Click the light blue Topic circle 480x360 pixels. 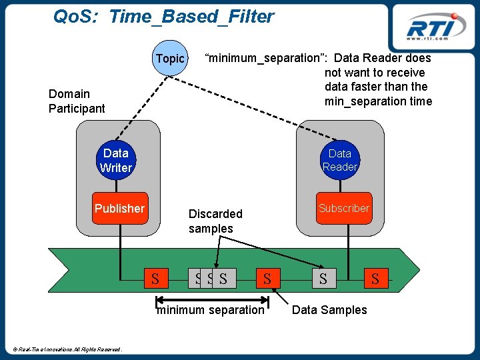tap(170, 58)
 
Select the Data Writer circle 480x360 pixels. tap(116, 160)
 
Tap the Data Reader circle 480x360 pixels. tap(340, 160)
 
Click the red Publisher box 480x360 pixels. tap(120, 208)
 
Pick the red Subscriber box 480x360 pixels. tap(344, 208)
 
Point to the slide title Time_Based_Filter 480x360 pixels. tap(191, 16)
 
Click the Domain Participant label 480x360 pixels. tap(77, 101)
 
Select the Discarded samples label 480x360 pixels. tap(215, 221)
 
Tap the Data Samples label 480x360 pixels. tap(329, 310)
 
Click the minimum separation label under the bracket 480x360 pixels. tap(211, 310)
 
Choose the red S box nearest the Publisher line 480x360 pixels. tap(156, 278)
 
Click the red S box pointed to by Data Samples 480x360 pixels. tap(268, 278)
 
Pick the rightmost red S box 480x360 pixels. tap(376, 278)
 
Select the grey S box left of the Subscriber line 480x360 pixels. tap(324, 278)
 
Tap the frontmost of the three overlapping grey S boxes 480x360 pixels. tap(225, 278)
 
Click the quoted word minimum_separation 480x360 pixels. tap(264, 58)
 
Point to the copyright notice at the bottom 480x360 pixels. tap(67, 349)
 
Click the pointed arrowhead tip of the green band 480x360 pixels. tap(420, 270)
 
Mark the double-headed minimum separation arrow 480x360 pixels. tap(213, 300)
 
